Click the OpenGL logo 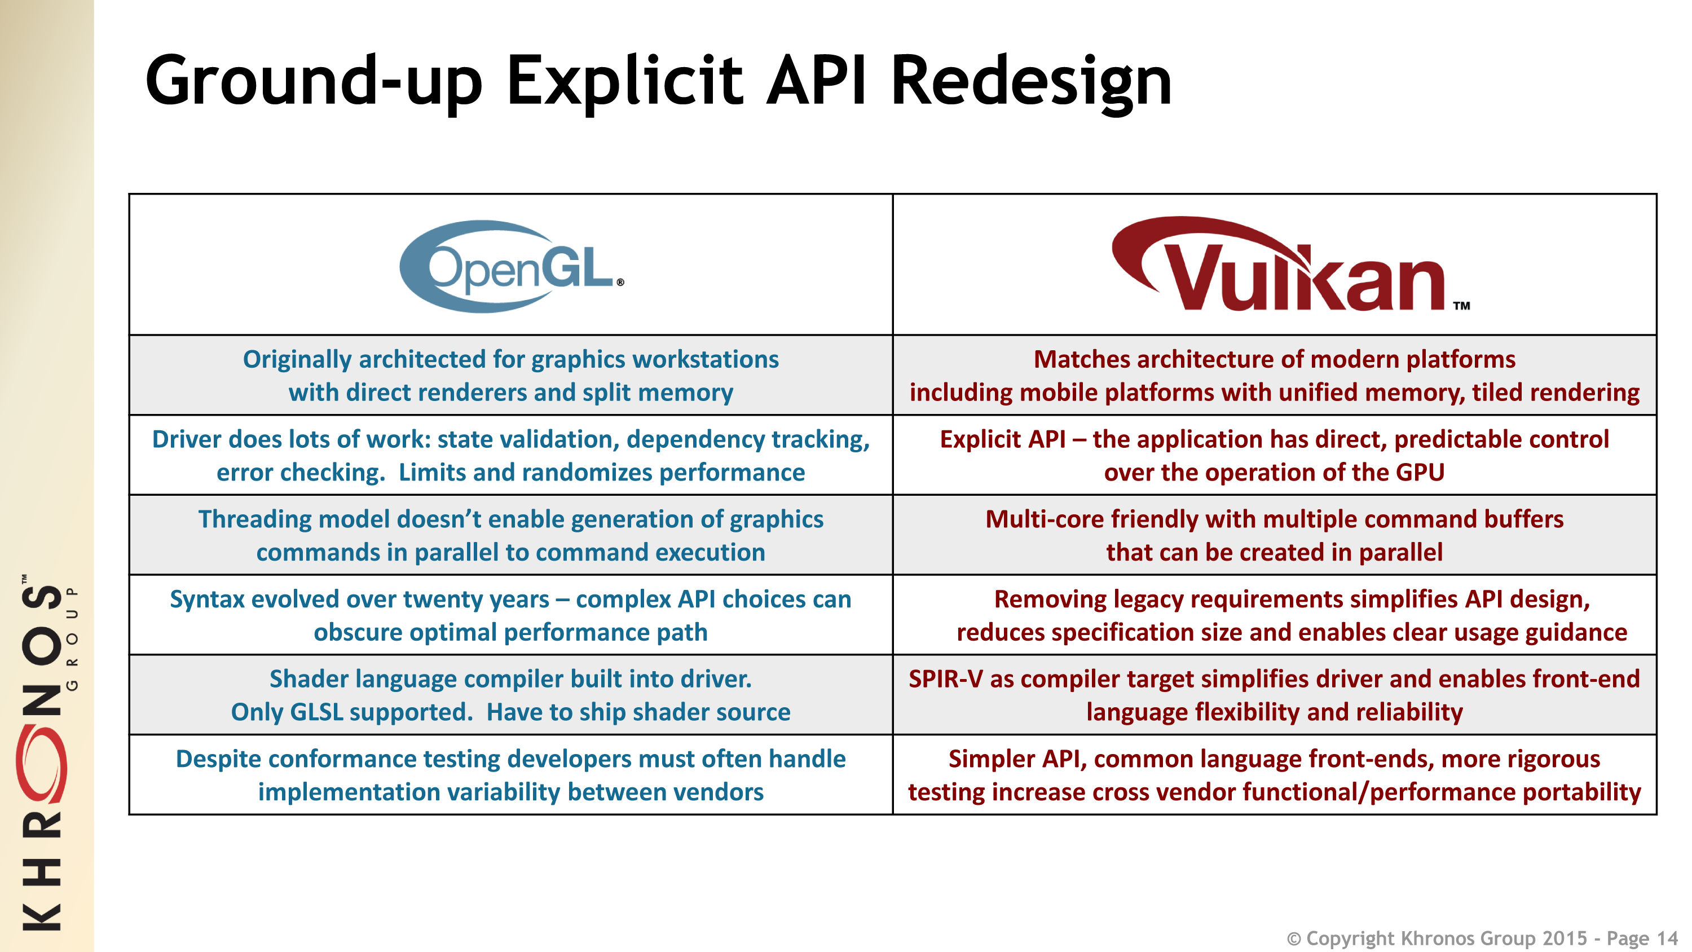[511, 266]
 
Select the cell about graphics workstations [511, 375]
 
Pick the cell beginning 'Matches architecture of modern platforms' [1274, 375]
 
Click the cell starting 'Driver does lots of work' [511, 455]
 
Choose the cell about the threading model [511, 535]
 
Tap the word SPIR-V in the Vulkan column [946, 678]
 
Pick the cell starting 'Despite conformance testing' [511, 775]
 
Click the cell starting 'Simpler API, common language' [1274, 775]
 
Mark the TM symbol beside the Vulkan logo [1461, 306]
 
